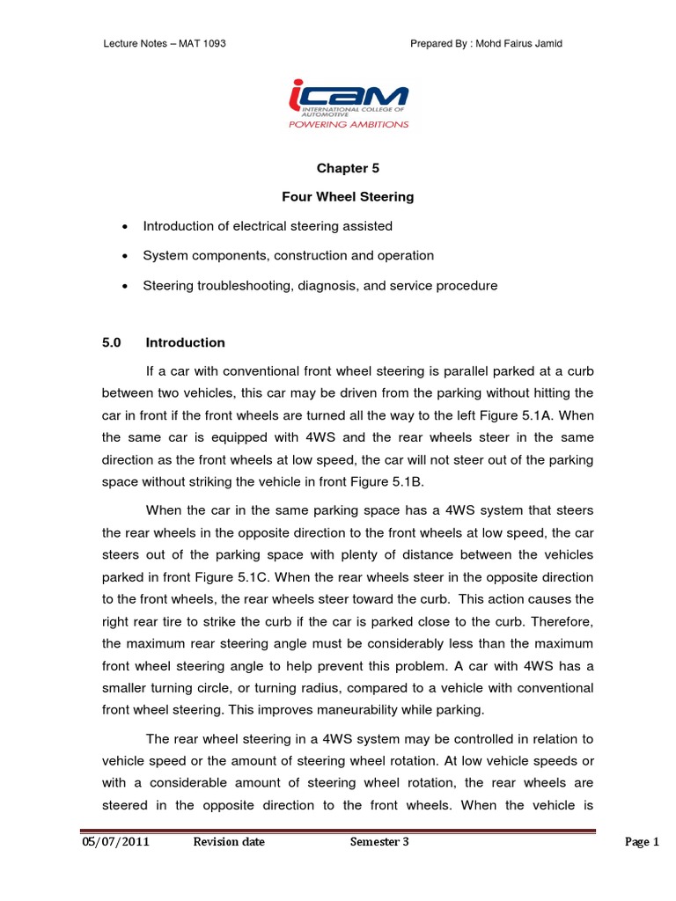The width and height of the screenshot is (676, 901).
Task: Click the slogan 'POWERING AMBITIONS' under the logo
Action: tap(348, 125)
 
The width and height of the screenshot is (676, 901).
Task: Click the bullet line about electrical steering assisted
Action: tap(268, 226)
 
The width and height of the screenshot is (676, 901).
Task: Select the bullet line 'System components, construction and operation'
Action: tap(288, 255)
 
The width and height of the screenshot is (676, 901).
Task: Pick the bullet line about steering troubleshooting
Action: tap(320, 285)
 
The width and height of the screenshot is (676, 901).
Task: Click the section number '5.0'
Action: tap(112, 342)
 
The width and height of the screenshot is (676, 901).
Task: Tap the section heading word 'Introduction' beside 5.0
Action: tap(185, 342)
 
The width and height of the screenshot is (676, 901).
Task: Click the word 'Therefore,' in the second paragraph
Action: tap(562, 621)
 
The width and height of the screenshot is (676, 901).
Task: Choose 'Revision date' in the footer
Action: tap(229, 842)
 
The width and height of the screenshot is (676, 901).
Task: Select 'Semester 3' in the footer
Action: tap(379, 842)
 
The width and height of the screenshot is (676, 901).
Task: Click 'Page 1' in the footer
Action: tap(642, 842)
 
